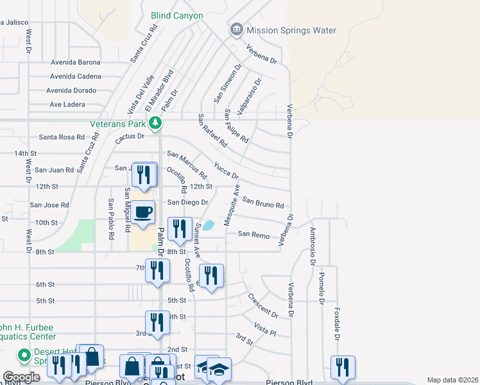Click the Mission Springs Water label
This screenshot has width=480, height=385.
click(x=291, y=30)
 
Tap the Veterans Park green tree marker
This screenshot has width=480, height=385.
click(x=154, y=122)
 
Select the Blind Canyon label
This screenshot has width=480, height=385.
click(x=176, y=15)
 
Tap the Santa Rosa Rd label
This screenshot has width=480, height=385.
click(x=62, y=137)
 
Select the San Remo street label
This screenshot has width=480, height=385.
click(x=253, y=234)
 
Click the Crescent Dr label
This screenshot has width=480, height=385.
click(x=262, y=306)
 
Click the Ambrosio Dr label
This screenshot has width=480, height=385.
click(x=313, y=246)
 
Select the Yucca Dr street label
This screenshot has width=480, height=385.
click(x=226, y=170)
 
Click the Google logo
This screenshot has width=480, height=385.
click(x=22, y=377)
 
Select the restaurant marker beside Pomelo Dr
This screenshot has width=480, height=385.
click(x=341, y=366)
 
